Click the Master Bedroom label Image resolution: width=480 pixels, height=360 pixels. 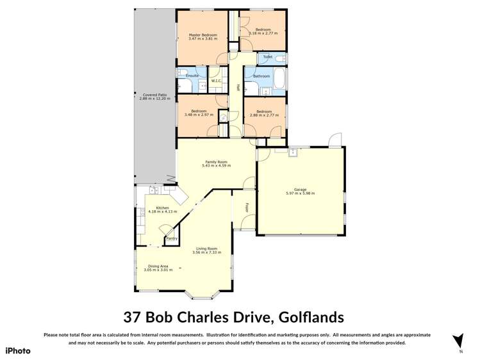[x=203, y=35]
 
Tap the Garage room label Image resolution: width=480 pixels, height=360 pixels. [x=300, y=189]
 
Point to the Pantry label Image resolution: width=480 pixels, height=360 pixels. [x=172, y=239]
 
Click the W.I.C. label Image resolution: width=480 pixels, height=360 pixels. [x=216, y=81]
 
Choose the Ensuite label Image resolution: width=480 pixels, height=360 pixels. [x=192, y=76]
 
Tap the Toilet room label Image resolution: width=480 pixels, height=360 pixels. [x=267, y=57]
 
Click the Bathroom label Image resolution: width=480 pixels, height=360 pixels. [x=261, y=76]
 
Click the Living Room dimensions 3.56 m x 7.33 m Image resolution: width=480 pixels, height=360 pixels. [x=206, y=252]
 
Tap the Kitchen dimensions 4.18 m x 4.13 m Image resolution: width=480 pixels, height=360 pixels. [x=162, y=211]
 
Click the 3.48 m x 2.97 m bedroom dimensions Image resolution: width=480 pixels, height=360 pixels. [x=199, y=115]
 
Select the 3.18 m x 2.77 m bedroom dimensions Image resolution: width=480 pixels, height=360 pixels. [x=263, y=33]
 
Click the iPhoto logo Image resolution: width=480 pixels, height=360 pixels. [x=18, y=350]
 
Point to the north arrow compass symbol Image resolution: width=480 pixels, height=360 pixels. [x=458, y=341]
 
